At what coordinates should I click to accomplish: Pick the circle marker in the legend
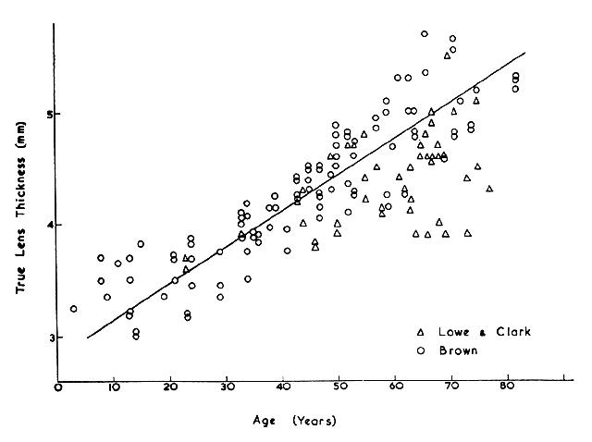tap(421, 350)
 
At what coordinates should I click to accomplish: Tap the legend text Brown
tap(460, 350)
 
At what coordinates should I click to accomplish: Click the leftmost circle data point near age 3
tap(74, 309)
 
